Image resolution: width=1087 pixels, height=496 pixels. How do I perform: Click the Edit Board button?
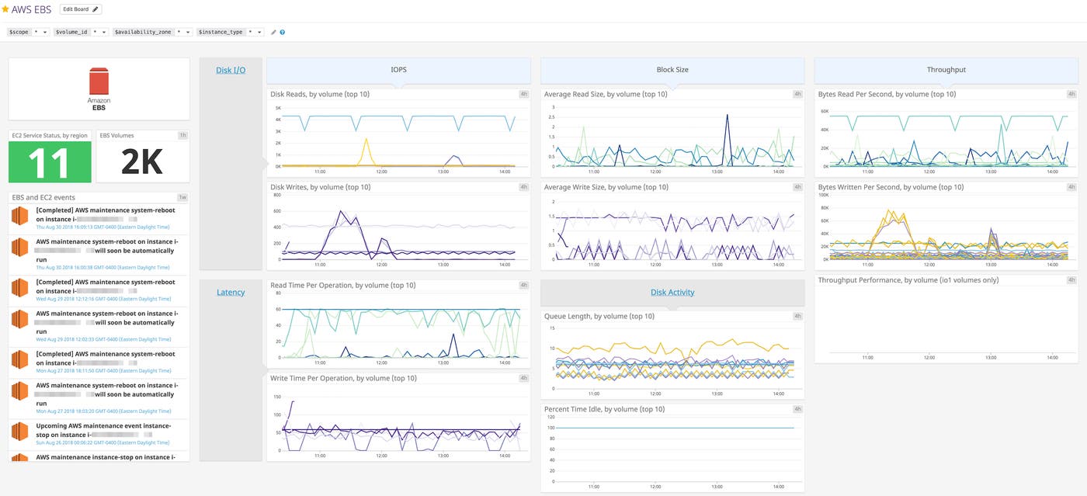coord(80,9)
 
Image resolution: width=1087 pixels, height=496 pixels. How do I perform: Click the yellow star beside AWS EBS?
coord(5,9)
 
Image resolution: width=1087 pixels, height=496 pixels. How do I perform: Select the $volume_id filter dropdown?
coord(81,32)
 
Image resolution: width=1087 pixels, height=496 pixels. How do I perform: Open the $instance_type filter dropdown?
coord(231,32)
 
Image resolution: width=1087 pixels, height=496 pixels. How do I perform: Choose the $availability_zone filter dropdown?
coord(152,32)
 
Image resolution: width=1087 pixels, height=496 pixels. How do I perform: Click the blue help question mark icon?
coord(282,33)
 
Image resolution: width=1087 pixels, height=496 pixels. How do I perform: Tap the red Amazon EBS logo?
coord(99,82)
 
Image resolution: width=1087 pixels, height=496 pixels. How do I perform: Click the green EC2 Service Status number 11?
coord(50,162)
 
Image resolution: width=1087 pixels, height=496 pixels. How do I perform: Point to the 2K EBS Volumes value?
coord(141,162)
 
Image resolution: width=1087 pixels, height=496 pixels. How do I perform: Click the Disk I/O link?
coord(231,71)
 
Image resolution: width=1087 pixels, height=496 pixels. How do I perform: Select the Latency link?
coord(231,293)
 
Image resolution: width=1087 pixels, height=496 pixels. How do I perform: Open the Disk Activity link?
coord(672,293)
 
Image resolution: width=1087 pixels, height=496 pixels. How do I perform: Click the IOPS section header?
coord(398,70)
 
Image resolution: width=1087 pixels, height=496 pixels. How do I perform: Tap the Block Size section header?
coord(672,70)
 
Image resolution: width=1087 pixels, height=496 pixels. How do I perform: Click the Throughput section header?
coord(946,70)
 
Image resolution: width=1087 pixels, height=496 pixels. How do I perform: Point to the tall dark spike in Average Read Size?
coord(728,116)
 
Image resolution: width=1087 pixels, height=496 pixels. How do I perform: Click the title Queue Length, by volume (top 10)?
coord(599,317)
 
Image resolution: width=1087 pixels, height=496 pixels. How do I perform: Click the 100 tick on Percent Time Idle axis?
coord(550,428)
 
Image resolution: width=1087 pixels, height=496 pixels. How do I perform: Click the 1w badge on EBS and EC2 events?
coord(182,198)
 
